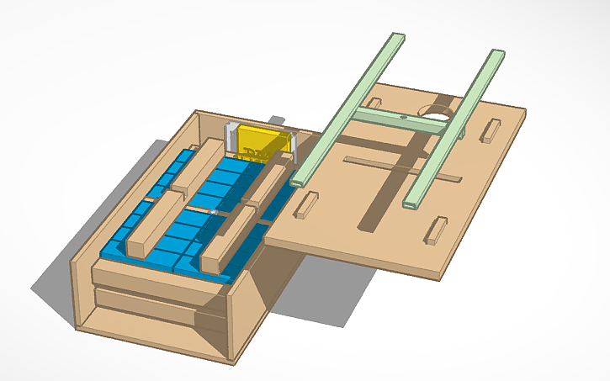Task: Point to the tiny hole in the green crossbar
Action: tap(405, 118)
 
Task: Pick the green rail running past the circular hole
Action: tap(455, 126)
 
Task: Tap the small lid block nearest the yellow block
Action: tap(306, 204)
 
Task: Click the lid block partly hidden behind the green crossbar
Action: tap(375, 101)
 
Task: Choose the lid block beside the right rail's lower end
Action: tap(436, 230)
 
